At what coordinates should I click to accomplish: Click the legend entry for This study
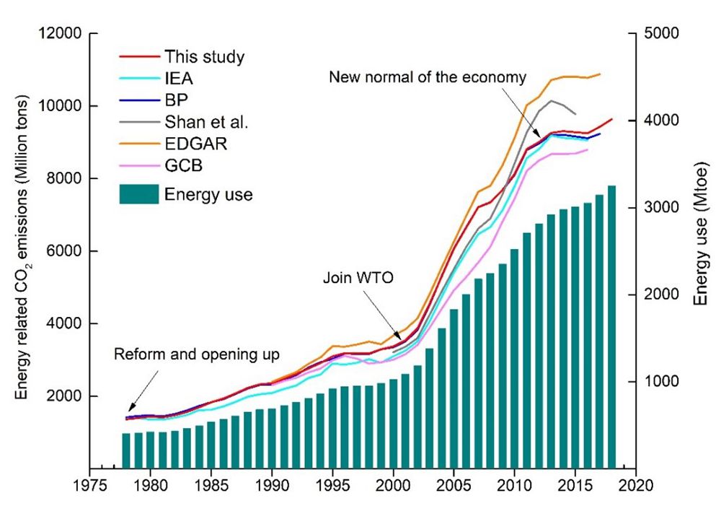coord(203,56)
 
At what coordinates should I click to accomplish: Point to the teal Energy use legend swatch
coord(136,193)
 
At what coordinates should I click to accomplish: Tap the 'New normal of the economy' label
coord(428,77)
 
